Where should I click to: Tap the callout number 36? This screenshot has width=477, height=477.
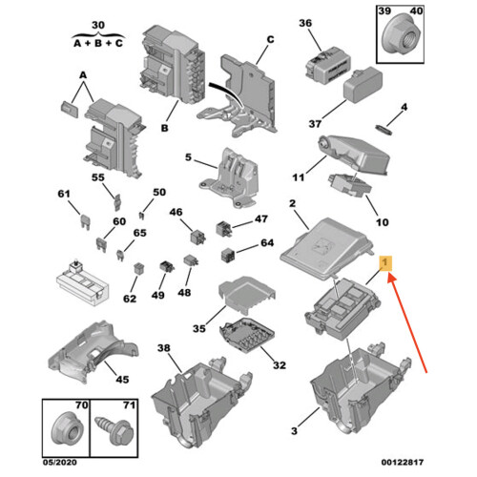pos(305,24)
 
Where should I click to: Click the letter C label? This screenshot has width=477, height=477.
pos(269,39)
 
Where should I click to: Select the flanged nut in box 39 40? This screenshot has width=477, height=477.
pos(397,40)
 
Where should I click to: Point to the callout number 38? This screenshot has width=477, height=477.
pos(164,349)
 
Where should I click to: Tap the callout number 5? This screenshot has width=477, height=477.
pos(188,157)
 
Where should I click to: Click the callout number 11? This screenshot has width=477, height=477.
pos(298,176)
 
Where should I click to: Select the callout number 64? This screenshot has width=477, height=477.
pos(267,244)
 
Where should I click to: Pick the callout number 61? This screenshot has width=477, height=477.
pos(65,195)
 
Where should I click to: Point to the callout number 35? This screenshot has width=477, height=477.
pos(198,329)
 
